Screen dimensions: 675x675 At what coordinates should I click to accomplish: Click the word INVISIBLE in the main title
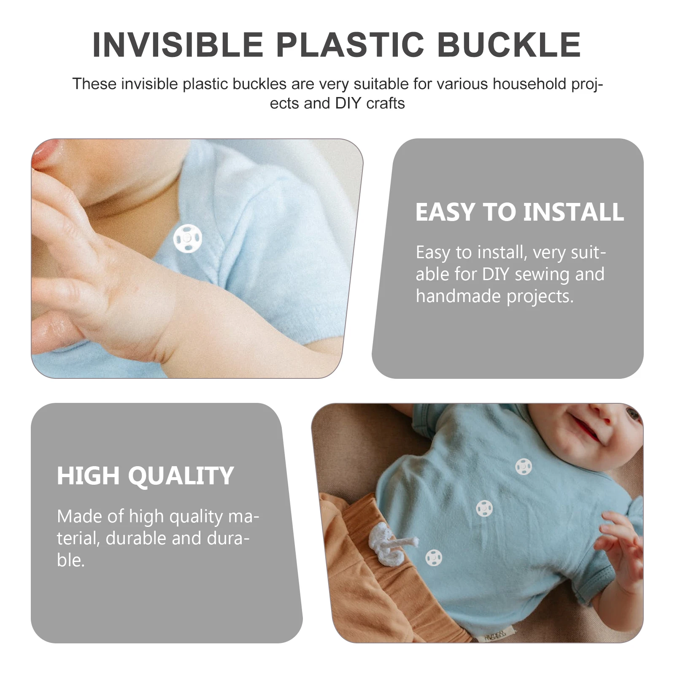click(x=178, y=45)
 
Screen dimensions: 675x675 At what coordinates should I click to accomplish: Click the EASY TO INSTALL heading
click(x=519, y=212)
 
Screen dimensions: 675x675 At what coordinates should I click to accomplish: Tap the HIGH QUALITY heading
click(x=145, y=476)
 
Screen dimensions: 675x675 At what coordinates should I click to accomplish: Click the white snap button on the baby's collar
click(x=188, y=238)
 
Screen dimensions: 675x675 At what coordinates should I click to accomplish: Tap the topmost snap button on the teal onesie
click(x=524, y=467)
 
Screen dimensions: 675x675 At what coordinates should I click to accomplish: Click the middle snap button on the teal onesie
click(x=484, y=508)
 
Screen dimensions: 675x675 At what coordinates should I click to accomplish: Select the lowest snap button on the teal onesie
click(x=434, y=558)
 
